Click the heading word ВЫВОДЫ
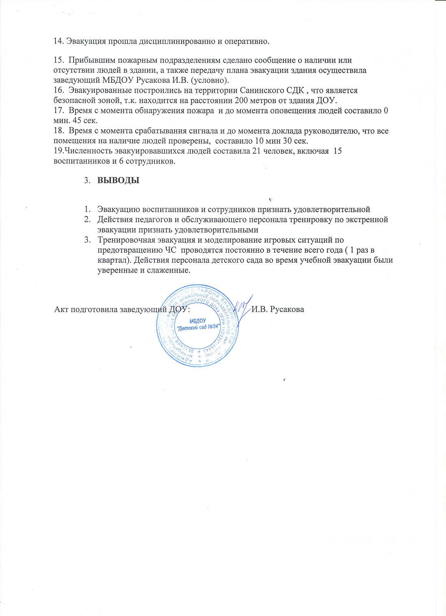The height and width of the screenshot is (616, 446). pos(118,180)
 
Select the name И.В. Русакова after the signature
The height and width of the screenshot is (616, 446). pos(278,310)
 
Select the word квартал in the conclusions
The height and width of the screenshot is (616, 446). pos(111,259)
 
